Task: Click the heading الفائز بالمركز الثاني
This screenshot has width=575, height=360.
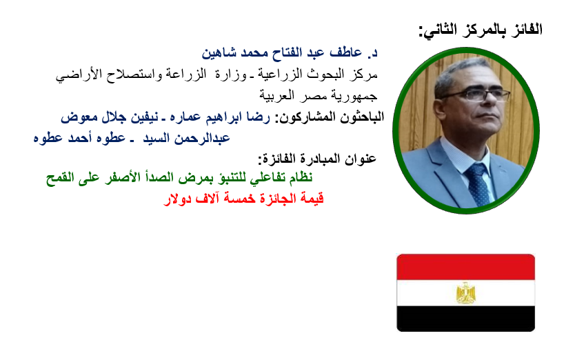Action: point(481,30)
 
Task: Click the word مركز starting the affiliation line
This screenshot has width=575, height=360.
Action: point(363,74)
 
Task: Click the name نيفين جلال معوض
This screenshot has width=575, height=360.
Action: point(110,117)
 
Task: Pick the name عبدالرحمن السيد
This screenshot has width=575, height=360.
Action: point(187,139)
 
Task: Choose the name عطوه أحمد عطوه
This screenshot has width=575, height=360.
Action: point(79,139)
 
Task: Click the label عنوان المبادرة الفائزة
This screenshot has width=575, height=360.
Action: point(317,159)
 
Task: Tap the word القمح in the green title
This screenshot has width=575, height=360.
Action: point(60,178)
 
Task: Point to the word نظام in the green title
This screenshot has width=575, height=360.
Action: point(301,178)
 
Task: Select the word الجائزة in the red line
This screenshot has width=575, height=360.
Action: point(278,199)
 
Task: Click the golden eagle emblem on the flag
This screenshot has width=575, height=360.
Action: point(465,293)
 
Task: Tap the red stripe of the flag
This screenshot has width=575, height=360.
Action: point(465,267)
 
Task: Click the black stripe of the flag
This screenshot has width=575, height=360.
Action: point(465,319)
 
